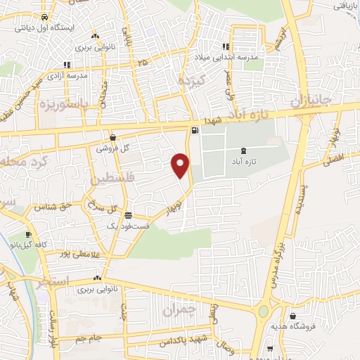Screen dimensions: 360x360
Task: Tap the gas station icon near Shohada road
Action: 194,129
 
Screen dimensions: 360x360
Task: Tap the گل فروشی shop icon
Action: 112,138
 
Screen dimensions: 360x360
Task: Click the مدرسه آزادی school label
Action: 77,75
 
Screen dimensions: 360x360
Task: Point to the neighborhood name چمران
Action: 177,309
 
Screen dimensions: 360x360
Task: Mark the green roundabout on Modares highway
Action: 263,311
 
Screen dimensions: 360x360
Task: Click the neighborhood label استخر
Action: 56,281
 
